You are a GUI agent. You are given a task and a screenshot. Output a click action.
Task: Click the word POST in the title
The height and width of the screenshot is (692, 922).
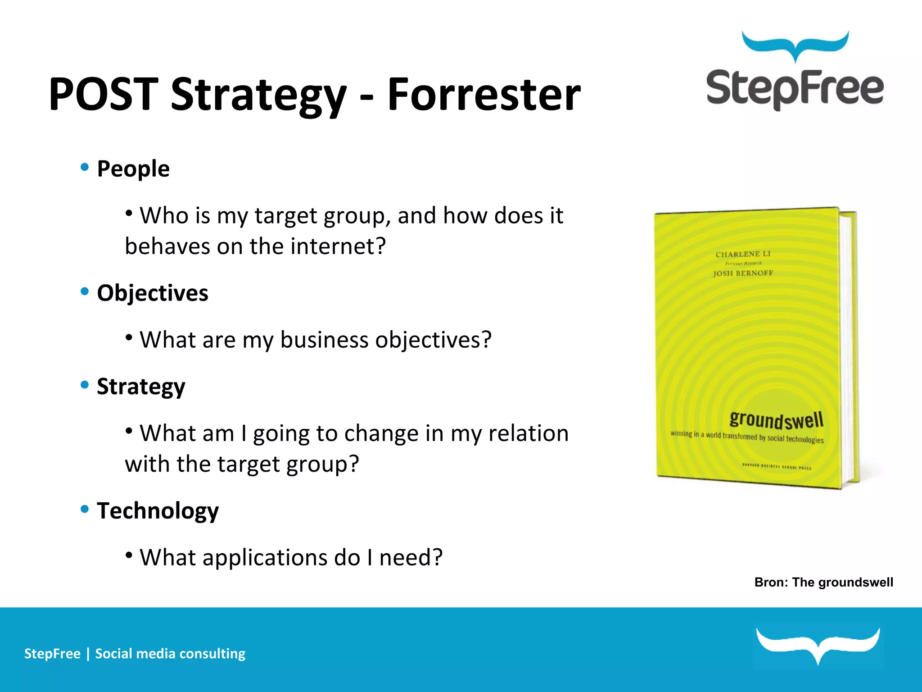pyautogui.click(x=104, y=95)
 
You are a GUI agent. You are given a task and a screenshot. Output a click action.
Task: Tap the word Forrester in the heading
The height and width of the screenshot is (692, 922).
pyautogui.click(x=484, y=95)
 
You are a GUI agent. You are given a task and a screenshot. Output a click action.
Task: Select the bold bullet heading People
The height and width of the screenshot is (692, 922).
pyautogui.click(x=133, y=169)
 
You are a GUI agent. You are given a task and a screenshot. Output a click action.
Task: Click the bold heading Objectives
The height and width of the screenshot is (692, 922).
pyautogui.click(x=153, y=293)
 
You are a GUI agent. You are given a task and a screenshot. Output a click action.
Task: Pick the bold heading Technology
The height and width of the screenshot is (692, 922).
pyautogui.click(x=158, y=511)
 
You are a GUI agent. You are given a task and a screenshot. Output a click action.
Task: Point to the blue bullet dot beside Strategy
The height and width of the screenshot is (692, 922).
pyautogui.click(x=85, y=385)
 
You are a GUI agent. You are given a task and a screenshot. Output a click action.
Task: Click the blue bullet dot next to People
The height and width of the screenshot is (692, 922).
pyautogui.click(x=85, y=167)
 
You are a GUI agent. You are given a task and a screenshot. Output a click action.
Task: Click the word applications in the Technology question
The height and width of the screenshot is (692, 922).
pyautogui.click(x=265, y=558)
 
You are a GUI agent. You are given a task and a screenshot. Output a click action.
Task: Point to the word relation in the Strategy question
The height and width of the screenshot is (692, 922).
pyautogui.click(x=528, y=433)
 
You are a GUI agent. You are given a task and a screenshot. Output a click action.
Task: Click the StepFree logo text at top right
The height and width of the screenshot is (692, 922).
pyautogui.click(x=795, y=89)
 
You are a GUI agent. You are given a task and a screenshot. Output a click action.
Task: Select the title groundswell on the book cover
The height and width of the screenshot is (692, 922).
pyautogui.click(x=776, y=420)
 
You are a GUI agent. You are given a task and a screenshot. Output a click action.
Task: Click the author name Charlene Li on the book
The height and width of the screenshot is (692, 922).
pyautogui.click(x=743, y=254)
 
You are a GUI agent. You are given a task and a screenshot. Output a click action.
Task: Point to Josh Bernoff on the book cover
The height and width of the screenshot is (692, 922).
pyautogui.click(x=743, y=273)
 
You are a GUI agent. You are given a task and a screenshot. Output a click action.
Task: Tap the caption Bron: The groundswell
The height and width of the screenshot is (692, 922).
pyautogui.click(x=823, y=583)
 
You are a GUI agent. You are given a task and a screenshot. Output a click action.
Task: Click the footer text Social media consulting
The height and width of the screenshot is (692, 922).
pyautogui.click(x=170, y=654)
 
